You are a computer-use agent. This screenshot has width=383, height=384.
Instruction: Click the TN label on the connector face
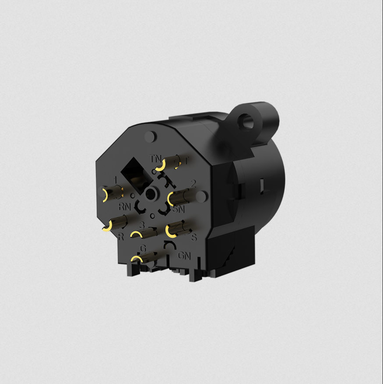(155, 158)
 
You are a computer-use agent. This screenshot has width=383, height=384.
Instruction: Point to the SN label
(178, 209)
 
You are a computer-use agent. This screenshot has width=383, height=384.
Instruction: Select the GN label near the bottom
(184, 255)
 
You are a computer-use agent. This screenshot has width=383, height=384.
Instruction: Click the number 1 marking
(115, 180)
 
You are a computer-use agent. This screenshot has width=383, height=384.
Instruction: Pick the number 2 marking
(193, 183)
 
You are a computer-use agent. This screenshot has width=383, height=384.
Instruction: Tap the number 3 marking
(141, 224)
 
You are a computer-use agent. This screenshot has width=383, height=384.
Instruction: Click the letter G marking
(143, 248)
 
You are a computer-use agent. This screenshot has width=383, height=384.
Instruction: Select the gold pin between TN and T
(169, 164)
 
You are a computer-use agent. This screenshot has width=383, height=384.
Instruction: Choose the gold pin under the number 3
(143, 233)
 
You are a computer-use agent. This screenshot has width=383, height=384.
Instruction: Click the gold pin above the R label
(115, 224)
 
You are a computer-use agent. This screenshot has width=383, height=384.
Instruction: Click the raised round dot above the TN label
(150, 136)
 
